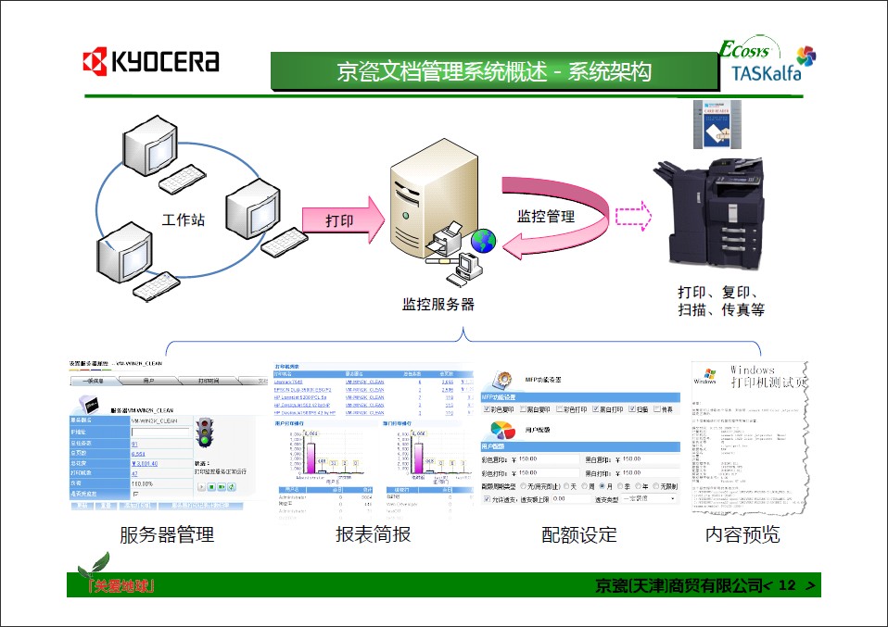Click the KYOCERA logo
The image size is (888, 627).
[x=151, y=62]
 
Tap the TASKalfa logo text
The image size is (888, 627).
[x=765, y=73]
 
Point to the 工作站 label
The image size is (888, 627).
[x=183, y=220]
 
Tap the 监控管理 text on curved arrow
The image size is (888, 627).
[x=546, y=217]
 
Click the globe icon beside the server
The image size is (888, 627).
[x=482, y=242]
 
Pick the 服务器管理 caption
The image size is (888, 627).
[x=166, y=534]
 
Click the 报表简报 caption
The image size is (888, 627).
[x=373, y=534]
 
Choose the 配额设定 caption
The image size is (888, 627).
[x=578, y=534]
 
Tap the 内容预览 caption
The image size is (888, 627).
[x=742, y=534]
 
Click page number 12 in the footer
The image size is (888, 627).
[x=788, y=585]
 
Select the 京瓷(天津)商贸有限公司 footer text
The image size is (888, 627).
[x=677, y=585]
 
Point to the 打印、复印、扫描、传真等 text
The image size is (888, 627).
[x=720, y=301]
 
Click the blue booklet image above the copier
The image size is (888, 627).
[x=718, y=122]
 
